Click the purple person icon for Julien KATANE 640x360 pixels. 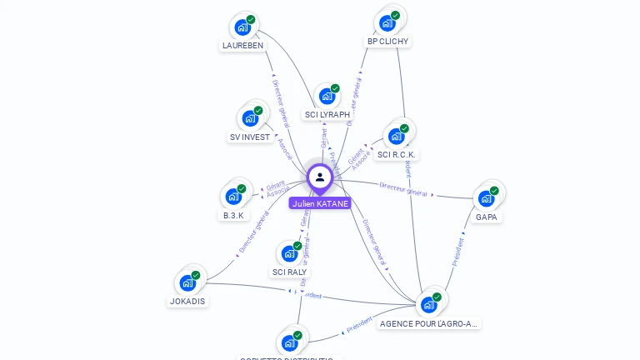click(320, 177)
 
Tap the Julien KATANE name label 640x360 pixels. click(320, 203)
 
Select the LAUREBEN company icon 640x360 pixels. click(242, 27)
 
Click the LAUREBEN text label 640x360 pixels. click(242, 45)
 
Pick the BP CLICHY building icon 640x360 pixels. click(387, 23)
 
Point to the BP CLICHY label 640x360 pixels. click(388, 41)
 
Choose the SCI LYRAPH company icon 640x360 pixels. click(327, 97)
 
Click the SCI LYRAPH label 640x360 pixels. click(327, 114)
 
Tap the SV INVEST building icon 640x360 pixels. click(249, 119)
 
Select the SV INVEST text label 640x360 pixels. click(250, 137)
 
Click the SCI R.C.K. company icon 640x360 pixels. click(396, 137)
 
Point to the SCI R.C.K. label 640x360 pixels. click(397, 154)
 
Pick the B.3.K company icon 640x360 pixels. click(233, 197)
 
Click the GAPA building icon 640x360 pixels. click(486, 199)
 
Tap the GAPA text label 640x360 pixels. click(487, 217)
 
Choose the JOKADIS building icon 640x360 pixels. click(187, 283)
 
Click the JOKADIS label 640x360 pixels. click(187, 301)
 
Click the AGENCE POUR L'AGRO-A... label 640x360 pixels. click(429, 323)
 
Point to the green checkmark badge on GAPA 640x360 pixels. click(494, 191)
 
